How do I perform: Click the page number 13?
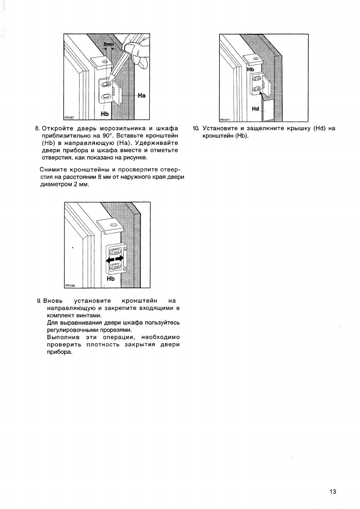pyautogui.click(x=333, y=491)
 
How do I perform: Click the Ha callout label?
pyautogui.click(x=142, y=96)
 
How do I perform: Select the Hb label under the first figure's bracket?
pyautogui.click(x=104, y=114)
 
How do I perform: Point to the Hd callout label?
pyautogui.click(x=256, y=109)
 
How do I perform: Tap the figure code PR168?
pyautogui.click(x=70, y=287)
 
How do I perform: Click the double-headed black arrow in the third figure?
pyautogui.click(x=115, y=259)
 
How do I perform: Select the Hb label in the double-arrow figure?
pyautogui.click(x=111, y=278)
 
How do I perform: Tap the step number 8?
pyautogui.click(x=37, y=128)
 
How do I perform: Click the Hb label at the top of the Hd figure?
pyautogui.click(x=251, y=69)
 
